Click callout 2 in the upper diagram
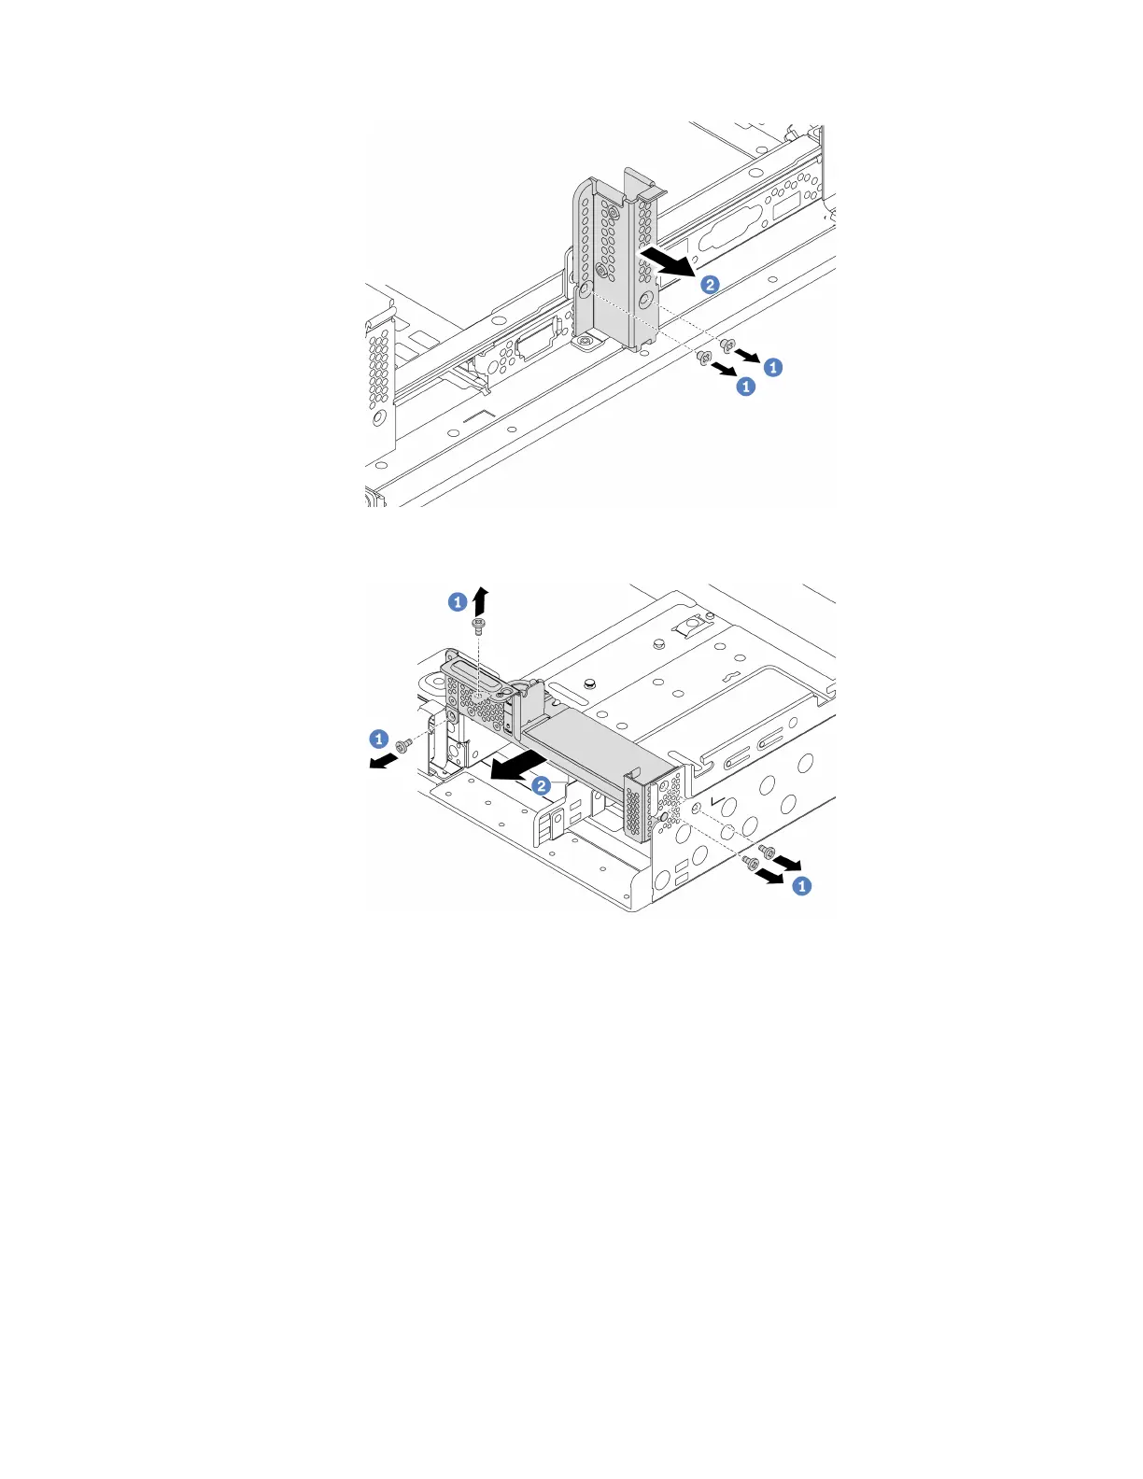711,285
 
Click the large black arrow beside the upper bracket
668,263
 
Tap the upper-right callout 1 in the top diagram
773,367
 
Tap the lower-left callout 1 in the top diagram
745,386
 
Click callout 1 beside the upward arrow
458,602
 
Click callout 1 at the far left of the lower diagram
378,739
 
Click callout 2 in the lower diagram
541,785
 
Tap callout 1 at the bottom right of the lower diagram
801,886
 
